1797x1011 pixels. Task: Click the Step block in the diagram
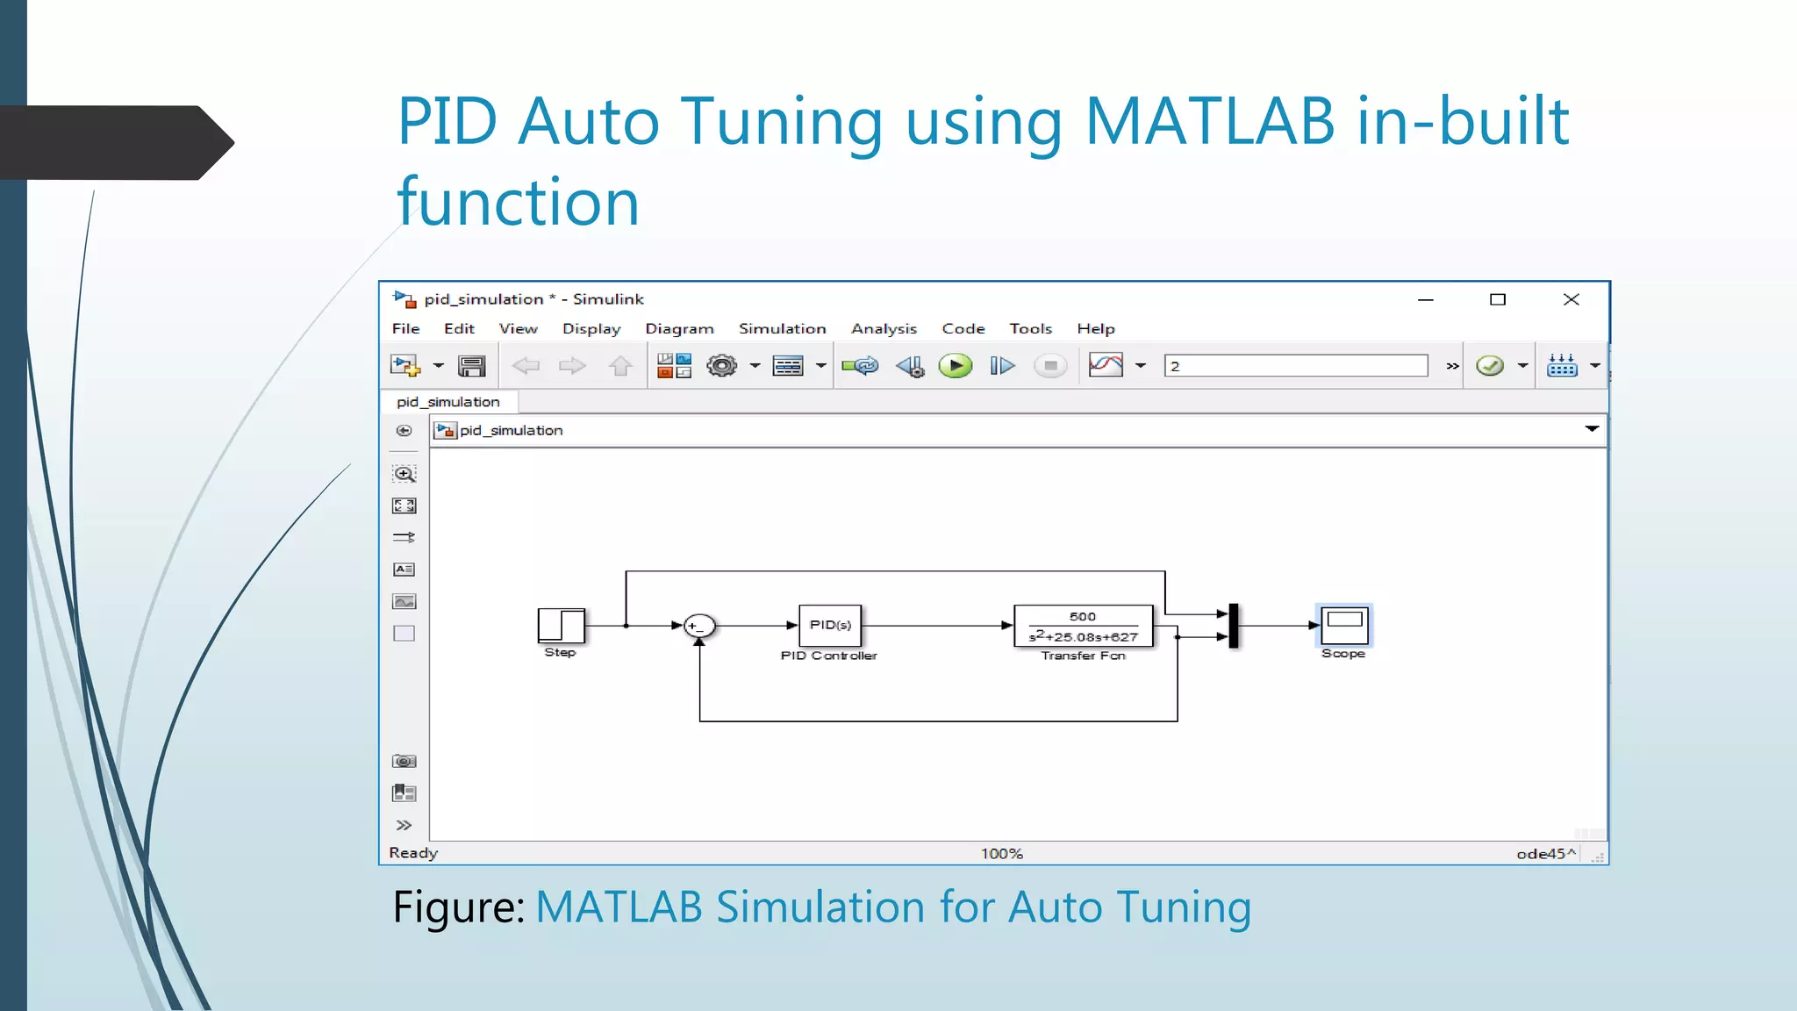562,626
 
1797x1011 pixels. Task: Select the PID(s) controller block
830,625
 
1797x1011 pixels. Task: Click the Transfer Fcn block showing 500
1083,626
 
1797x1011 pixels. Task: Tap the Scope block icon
1343,625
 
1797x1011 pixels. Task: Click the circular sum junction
699,626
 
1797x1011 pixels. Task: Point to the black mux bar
1234,626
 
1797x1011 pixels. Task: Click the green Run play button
955,366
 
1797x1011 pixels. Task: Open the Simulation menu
782,328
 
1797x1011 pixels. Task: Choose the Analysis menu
884,328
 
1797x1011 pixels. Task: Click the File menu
405,328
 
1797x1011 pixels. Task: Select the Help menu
1096,328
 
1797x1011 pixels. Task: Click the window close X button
1571,299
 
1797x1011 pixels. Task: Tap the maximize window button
1498,299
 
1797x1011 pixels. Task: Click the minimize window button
1426,299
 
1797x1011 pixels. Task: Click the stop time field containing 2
1295,366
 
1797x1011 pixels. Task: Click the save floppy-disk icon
471,366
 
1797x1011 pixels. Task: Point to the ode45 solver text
1541,853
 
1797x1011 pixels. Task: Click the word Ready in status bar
413,853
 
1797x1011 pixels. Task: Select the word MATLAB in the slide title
1209,121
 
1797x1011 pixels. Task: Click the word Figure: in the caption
458,907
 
